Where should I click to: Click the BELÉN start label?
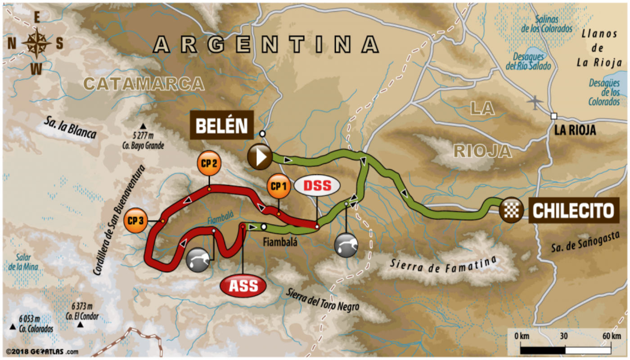[x=222, y=125]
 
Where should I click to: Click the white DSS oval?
[x=317, y=186]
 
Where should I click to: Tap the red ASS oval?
[x=243, y=285]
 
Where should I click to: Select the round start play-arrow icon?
[x=260, y=157]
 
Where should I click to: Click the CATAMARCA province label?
[x=144, y=84]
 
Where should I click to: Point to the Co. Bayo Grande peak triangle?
[x=143, y=126]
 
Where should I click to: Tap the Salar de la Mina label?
[x=23, y=262]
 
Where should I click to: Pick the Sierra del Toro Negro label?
[x=323, y=300]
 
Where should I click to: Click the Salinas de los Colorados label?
[x=547, y=24]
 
